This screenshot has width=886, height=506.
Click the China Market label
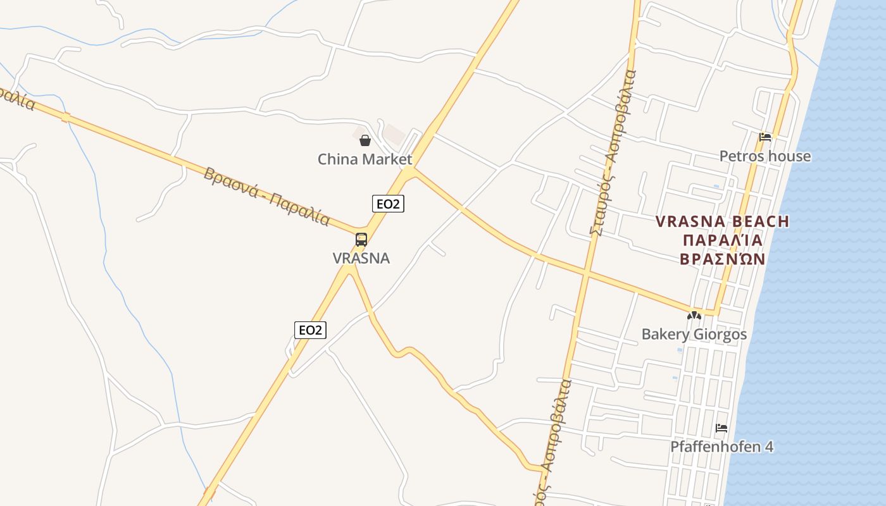[x=365, y=159]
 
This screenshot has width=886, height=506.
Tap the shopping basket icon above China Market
[x=365, y=140]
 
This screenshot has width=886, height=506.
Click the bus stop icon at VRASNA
[x=361, y=240]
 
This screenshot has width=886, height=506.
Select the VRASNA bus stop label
[x=361, y=258]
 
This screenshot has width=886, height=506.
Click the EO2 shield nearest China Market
[x=387, y=204]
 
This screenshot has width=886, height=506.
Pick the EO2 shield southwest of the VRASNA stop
[x=310, y=330]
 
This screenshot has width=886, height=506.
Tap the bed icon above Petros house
[x=765, y=137]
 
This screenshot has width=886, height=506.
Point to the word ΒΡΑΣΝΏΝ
[x=723, y=259]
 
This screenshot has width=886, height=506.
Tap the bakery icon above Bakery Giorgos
[x=694, y=315]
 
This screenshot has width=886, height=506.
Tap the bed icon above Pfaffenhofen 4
[x=721, y=428]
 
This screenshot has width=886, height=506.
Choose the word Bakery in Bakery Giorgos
[x=664, y=335]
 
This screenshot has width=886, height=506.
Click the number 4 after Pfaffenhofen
[x=769, y=447]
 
